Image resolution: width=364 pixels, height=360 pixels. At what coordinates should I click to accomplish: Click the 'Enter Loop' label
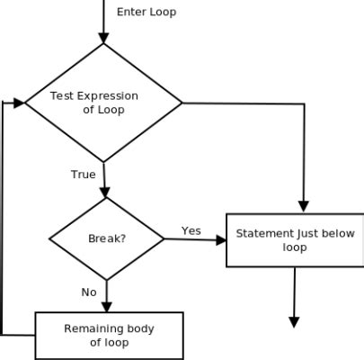pyautogui.click(x=146, y=12)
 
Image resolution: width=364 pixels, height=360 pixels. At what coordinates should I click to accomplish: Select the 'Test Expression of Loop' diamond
pyautogui.click(x=103, y=102)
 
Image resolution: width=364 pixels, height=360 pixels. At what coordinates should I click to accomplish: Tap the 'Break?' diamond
pyautogui.click(x=106, y=239)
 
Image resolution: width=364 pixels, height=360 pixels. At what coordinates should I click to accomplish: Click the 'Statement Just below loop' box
pyautogui.click(x=294, y=240)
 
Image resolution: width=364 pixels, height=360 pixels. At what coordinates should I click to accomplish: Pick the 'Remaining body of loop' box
pyautogui.click(x=109, y=335)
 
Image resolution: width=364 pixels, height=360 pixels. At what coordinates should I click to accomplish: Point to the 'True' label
pyautogui.click(x=83, y=174)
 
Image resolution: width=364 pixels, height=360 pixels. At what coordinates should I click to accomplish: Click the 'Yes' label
pyautogui.click(x=191, y=230)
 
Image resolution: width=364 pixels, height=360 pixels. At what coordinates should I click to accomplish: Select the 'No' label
pyautogui.click(x=89, y=292)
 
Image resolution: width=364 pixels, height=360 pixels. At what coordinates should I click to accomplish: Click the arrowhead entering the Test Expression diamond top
pyautogui.click(x=103, y=37)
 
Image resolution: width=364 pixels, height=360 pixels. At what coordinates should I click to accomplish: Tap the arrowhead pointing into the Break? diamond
pyautogui.click(x=105, y=192)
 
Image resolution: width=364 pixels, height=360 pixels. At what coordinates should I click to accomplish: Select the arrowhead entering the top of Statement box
pyautogui.click(x=303, y=206)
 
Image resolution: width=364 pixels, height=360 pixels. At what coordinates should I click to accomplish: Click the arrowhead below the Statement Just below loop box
pyautogui.click(x=294, y=321)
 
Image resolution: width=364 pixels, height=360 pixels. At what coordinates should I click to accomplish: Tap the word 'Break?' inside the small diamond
pyautogui.click(x=105, y=239)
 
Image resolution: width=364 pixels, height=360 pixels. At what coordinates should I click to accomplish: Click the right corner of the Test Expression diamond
pyautogui.click(x=182, y=102)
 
